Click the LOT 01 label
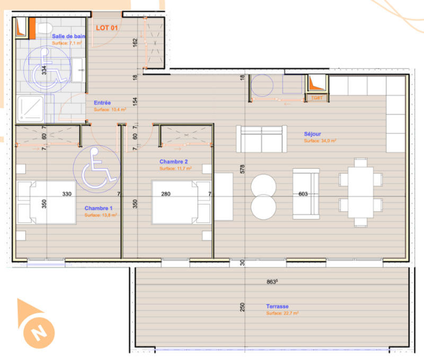coord(106,28)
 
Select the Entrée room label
coord(102,103)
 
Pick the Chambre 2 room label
coord(174,161)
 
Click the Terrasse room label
coord(277,306)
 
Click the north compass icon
coord(37,325)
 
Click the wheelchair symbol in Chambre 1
coord(95,170)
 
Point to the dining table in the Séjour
coord(360,189)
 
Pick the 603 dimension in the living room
coord(303,194)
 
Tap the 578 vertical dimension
coord(242,169)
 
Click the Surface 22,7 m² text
coord(282,313)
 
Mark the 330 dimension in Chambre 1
coord(67,194)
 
